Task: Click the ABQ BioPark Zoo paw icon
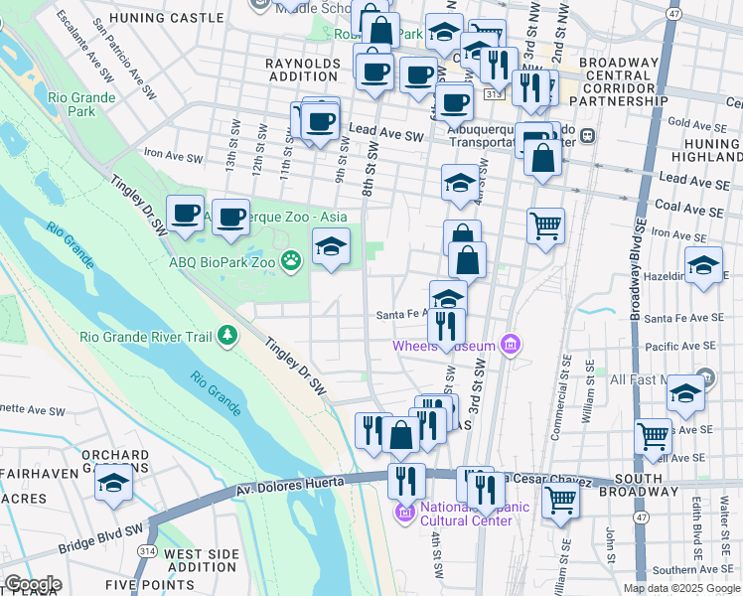tap(291, 262)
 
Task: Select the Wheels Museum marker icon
tap(511, 345)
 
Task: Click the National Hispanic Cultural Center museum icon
tap(403, 513)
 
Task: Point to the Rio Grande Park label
tap(81, 105)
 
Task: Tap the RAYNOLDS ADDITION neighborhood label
tap(303, 71)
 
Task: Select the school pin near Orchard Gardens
tap(114, 483)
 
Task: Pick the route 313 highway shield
tap(494, 92)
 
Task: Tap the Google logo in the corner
tap(33, 584)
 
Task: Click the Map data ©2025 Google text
tap(680, 588)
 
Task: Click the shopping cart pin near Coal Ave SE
tap(545, 225)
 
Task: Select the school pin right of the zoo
tap(331, 245)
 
